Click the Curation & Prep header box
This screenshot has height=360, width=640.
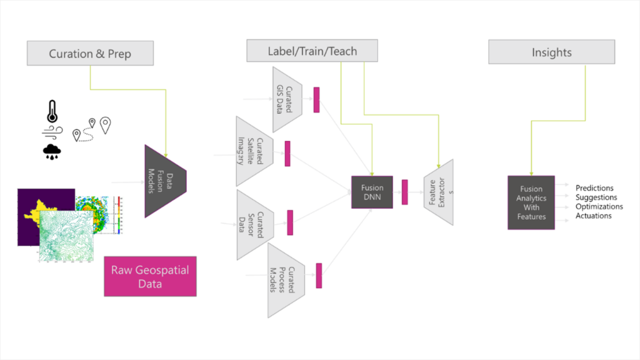[90, 54]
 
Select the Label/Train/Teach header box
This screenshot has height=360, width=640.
[312, 51]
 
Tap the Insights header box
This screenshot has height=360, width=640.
[551, 52]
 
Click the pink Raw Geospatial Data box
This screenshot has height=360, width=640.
[150, 276]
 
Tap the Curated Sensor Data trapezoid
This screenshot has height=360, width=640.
[253, 224]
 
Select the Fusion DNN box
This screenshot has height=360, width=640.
[372, 192]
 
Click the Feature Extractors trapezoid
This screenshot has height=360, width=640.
[438, 192]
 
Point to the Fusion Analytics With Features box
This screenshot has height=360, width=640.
[531, 202]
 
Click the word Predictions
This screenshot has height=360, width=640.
[594, 188]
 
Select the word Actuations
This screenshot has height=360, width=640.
[593, 216]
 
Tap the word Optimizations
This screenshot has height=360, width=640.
[599, 206]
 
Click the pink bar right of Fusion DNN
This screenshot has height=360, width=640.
[405, 192]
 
